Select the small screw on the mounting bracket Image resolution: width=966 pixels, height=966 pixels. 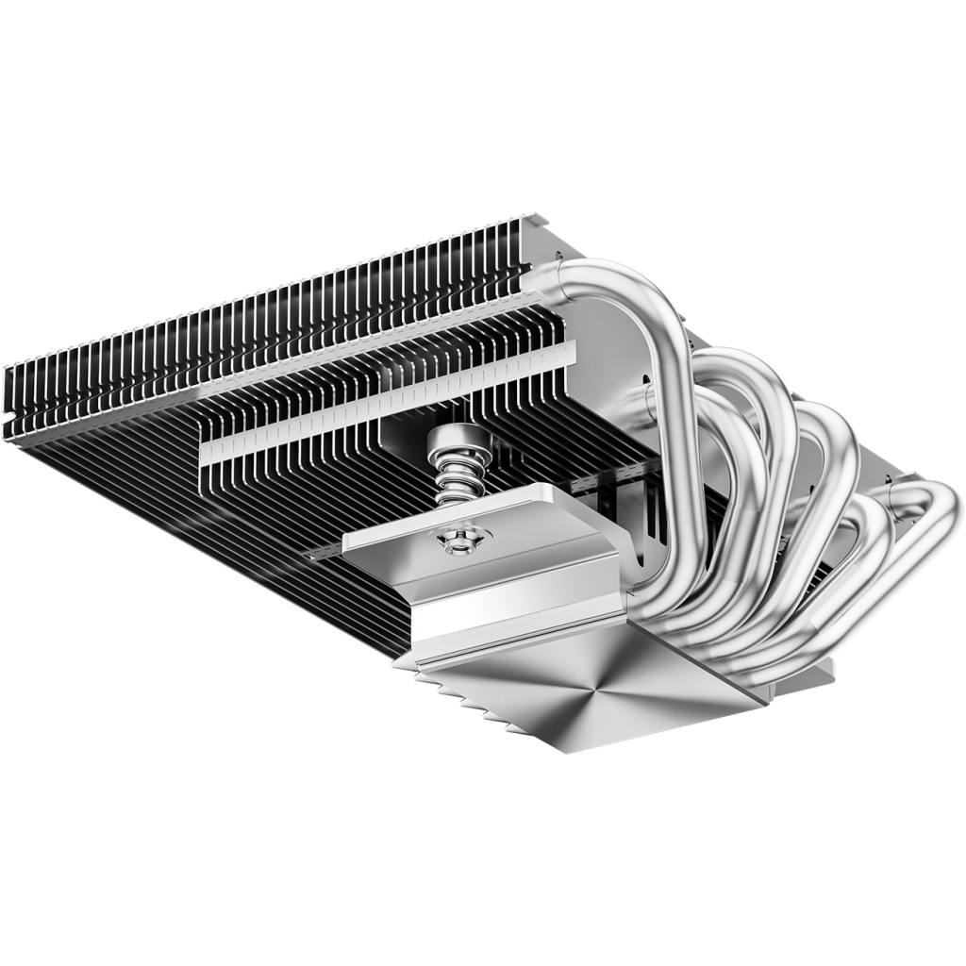tap(458, 539)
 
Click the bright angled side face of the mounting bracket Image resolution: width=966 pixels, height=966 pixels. tap(509, 604)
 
